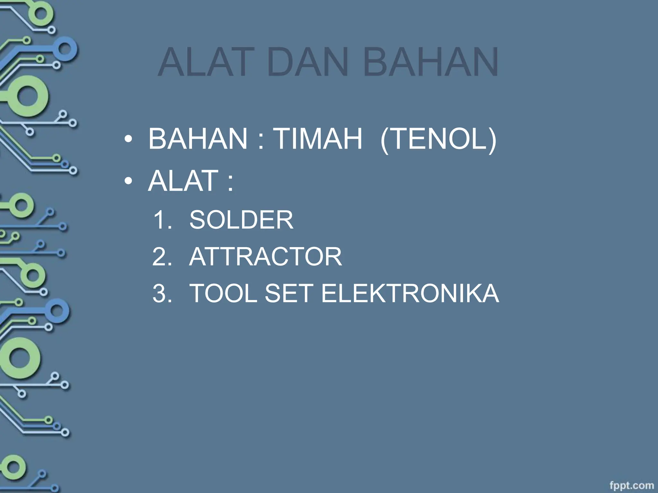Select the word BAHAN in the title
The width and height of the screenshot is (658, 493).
(431, 62)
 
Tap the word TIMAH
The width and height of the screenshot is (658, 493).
(318, 139)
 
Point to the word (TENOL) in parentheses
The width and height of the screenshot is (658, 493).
(438, 139)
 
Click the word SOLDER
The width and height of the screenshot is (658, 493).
(241, 220)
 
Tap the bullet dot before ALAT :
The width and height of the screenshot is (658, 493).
(129, 182)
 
